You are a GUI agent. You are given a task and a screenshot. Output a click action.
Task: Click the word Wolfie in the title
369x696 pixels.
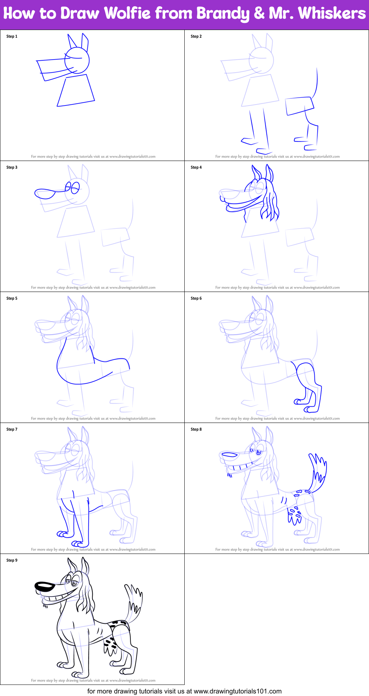click(x=127, y=13)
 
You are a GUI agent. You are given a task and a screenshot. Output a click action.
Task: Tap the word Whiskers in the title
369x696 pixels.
click(x=332, y=13)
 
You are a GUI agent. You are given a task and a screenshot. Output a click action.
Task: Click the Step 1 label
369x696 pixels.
click(x=12, y=36)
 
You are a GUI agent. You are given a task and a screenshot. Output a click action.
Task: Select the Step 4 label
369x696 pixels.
click(x=196, y=167)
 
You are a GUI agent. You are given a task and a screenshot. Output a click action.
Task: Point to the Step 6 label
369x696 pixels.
click(x=196, y=298)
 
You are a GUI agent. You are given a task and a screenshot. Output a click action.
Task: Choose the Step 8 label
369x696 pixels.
click(x=196, y=429)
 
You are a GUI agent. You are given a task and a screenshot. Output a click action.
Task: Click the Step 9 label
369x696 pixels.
click(x=12, y=560)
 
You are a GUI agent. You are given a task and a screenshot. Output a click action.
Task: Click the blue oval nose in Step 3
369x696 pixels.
click(x=45, y=193)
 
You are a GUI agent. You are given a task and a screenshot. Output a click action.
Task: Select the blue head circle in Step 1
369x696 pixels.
click(x=77, y=60)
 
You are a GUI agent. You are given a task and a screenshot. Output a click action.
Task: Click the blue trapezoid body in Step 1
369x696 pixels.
click(x=76, y=91)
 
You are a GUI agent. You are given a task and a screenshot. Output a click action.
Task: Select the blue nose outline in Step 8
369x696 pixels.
click(x=229, y=454)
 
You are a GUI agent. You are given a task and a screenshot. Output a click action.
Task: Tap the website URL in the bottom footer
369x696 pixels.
click(x=238, y=691)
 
